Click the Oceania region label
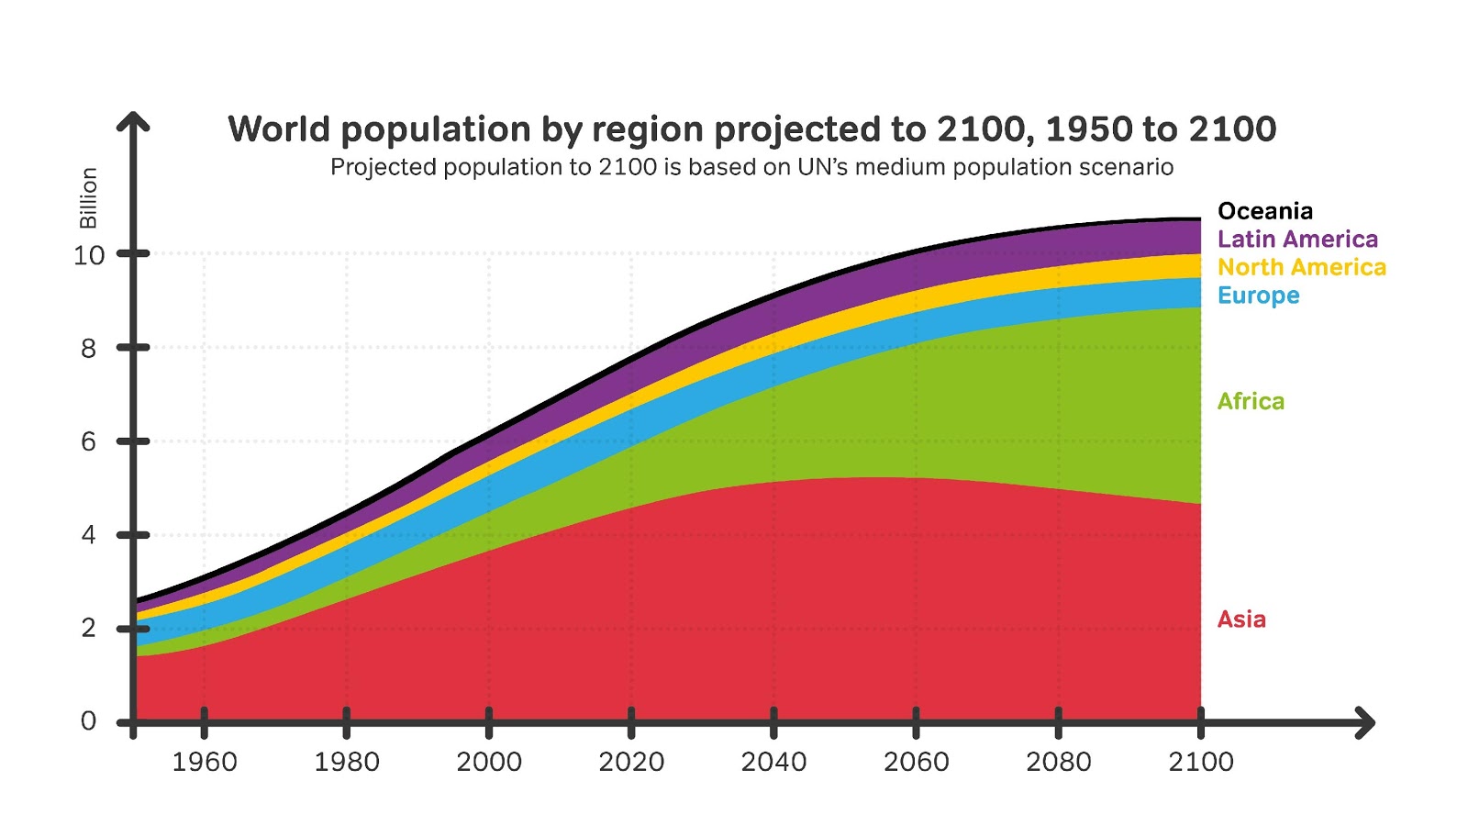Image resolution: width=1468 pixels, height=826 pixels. click(x=1264, y=211)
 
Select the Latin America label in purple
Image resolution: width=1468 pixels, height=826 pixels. click(x=1297, y=240)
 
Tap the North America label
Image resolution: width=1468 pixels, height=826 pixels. click(x=1301, y=267)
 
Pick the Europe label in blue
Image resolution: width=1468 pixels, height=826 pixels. click(x=1258, y=296)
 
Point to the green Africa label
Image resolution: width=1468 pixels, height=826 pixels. click(x=1251, y=401)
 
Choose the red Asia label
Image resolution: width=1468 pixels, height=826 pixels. click(x=1241, y=619)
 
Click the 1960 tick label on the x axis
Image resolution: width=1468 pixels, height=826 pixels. click(x=205, y=762)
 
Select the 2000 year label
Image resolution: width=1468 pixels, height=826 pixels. click(x=489, y=762)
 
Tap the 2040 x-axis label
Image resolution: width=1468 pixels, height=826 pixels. click(x=773, y=762)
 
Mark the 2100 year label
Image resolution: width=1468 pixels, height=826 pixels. click(x=1200, y=762)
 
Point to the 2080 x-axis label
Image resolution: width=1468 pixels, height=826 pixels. click(x=1058, y=762)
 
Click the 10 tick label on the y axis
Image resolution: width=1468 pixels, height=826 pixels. click(x=89, y=255)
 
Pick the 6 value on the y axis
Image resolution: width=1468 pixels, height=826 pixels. click(x=88, y=441)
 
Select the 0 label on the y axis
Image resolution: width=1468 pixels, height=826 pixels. click(x=88, y=721)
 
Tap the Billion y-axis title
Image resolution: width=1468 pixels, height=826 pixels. click(x=88, y=198)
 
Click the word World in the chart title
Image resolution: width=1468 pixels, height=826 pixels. click(x=278, y=129)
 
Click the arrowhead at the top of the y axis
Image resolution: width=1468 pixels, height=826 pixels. click(x=133, y=120)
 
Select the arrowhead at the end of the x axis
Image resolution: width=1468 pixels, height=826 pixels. click(x=1366, y=723)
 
